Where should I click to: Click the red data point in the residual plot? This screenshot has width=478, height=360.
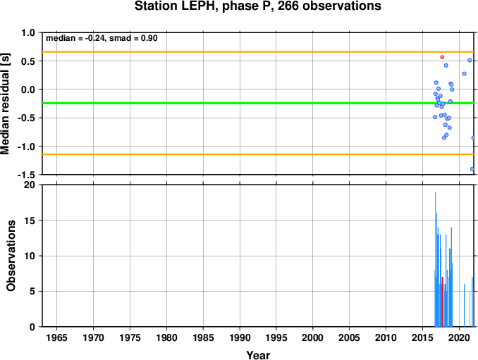[x=442, y=57]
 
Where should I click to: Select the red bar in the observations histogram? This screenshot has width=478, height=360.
[x=442, y=302]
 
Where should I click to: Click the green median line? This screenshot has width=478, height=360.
[x=258, y=104]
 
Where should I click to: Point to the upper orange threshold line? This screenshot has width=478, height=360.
[x=258, y=52]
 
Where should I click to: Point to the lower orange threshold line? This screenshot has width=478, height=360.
[x=258, y=154]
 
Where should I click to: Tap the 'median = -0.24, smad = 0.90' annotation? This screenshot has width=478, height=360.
[x=102, y=38]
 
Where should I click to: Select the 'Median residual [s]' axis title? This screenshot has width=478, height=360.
[x=5, y=104]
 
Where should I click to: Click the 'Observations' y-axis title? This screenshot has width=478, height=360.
[x=11, y=256]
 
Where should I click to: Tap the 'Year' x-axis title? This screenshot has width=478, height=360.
[x=258, y=355]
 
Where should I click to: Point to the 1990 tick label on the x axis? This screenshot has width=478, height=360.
[x=240, y=337]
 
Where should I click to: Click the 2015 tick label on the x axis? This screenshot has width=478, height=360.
[x=422, y=337]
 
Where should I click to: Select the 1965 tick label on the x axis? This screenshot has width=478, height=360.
[x=56, y=337]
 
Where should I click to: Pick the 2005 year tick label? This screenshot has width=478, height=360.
[x=350, y=337]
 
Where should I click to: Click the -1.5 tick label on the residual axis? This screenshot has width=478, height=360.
[x=26, y=175]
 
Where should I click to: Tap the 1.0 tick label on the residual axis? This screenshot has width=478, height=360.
[x=28, y=32]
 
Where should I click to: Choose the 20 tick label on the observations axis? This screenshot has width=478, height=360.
[x=30, y=185]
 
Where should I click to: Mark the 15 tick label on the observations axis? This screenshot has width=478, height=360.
[x=30, y=221]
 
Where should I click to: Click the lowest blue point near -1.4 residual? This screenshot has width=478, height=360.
[x=472, y=169]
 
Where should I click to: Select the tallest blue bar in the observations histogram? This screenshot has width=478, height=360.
[x=435, y=259]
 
